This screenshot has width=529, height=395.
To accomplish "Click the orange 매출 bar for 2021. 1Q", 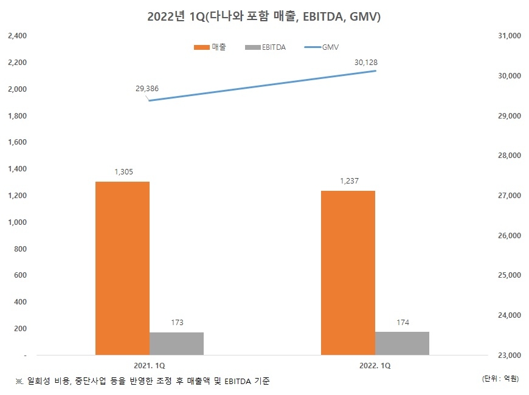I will point(122,267).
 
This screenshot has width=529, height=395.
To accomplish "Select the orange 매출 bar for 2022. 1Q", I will point(348,272).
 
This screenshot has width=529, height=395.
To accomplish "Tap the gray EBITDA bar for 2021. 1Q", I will point(176,343).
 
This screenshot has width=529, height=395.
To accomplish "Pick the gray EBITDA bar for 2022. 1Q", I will point(402,343).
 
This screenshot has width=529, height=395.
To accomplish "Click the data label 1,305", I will point(123,173).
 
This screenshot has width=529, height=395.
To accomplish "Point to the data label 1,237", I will point(348,182).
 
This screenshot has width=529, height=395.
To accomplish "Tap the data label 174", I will point(403,322).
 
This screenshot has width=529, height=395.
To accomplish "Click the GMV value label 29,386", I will point(147,89).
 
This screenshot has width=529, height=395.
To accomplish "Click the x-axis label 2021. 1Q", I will point(150,366).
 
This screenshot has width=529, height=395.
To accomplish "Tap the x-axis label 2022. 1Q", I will point(375,366).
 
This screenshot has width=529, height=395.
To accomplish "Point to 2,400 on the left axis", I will point(17,36).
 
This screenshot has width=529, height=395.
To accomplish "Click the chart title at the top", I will point(264,17).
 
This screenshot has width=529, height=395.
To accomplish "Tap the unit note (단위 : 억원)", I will point(500,379).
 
